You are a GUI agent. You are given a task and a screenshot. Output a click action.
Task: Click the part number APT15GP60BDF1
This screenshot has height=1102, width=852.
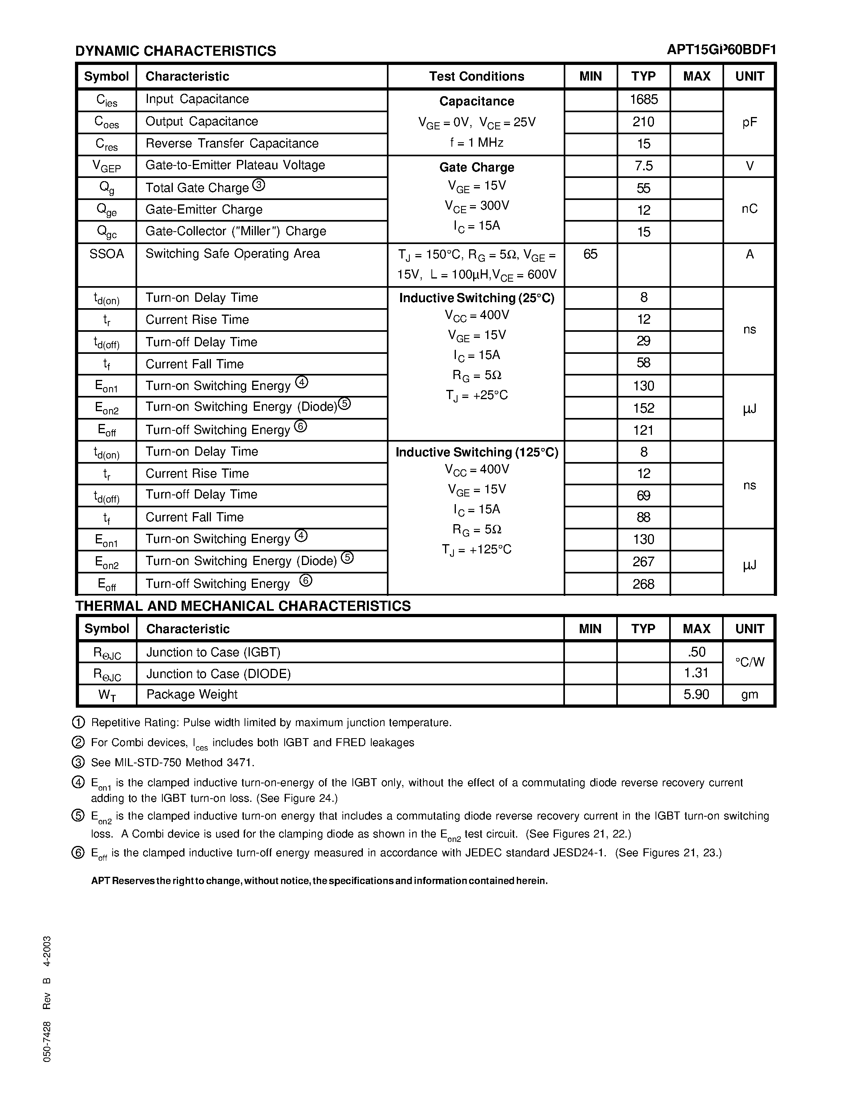point(721,49)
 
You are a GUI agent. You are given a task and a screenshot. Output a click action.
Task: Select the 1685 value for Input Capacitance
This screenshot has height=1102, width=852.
point(644,99)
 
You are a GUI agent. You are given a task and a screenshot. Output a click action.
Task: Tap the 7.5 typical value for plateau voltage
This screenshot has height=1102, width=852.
point(644,166)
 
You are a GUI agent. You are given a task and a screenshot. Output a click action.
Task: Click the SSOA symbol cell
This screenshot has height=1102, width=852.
point(107,254)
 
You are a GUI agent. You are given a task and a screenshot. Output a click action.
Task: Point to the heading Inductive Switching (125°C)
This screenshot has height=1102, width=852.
point(476,452)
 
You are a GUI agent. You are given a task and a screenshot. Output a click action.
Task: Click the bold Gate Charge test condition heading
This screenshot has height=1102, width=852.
point(476,168)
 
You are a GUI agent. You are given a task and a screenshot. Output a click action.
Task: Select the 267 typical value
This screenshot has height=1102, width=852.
point(644,561)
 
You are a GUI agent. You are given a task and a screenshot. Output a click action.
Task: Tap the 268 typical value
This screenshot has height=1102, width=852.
point(644,584)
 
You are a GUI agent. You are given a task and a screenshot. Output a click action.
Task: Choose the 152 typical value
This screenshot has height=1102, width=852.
point(644,408)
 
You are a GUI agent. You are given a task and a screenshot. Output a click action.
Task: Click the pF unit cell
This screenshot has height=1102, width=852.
point(749,122)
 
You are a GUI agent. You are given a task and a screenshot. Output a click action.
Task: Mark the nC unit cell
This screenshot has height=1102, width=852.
point(749,209)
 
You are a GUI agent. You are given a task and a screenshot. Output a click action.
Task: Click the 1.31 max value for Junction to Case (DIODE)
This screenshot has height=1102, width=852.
point(696,673)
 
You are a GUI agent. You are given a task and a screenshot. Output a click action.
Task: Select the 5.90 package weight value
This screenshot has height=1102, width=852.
point(696,695)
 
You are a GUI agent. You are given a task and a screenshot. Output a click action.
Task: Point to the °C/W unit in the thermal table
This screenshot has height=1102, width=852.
point(749,662)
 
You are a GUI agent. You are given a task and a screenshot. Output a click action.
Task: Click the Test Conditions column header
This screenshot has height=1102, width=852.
point(476,76)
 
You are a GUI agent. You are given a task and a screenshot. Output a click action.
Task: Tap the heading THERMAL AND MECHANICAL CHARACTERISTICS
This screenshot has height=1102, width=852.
point(243,606)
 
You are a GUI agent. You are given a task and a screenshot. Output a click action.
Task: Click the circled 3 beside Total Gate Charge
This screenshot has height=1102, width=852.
point(259,185)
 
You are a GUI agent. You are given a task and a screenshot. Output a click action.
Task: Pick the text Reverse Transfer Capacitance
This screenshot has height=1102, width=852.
point(232,144)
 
